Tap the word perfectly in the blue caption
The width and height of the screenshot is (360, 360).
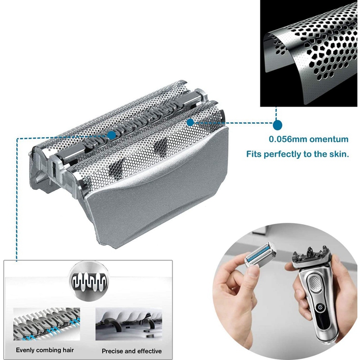[289, 154]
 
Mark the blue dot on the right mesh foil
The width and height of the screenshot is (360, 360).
[190, 121]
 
